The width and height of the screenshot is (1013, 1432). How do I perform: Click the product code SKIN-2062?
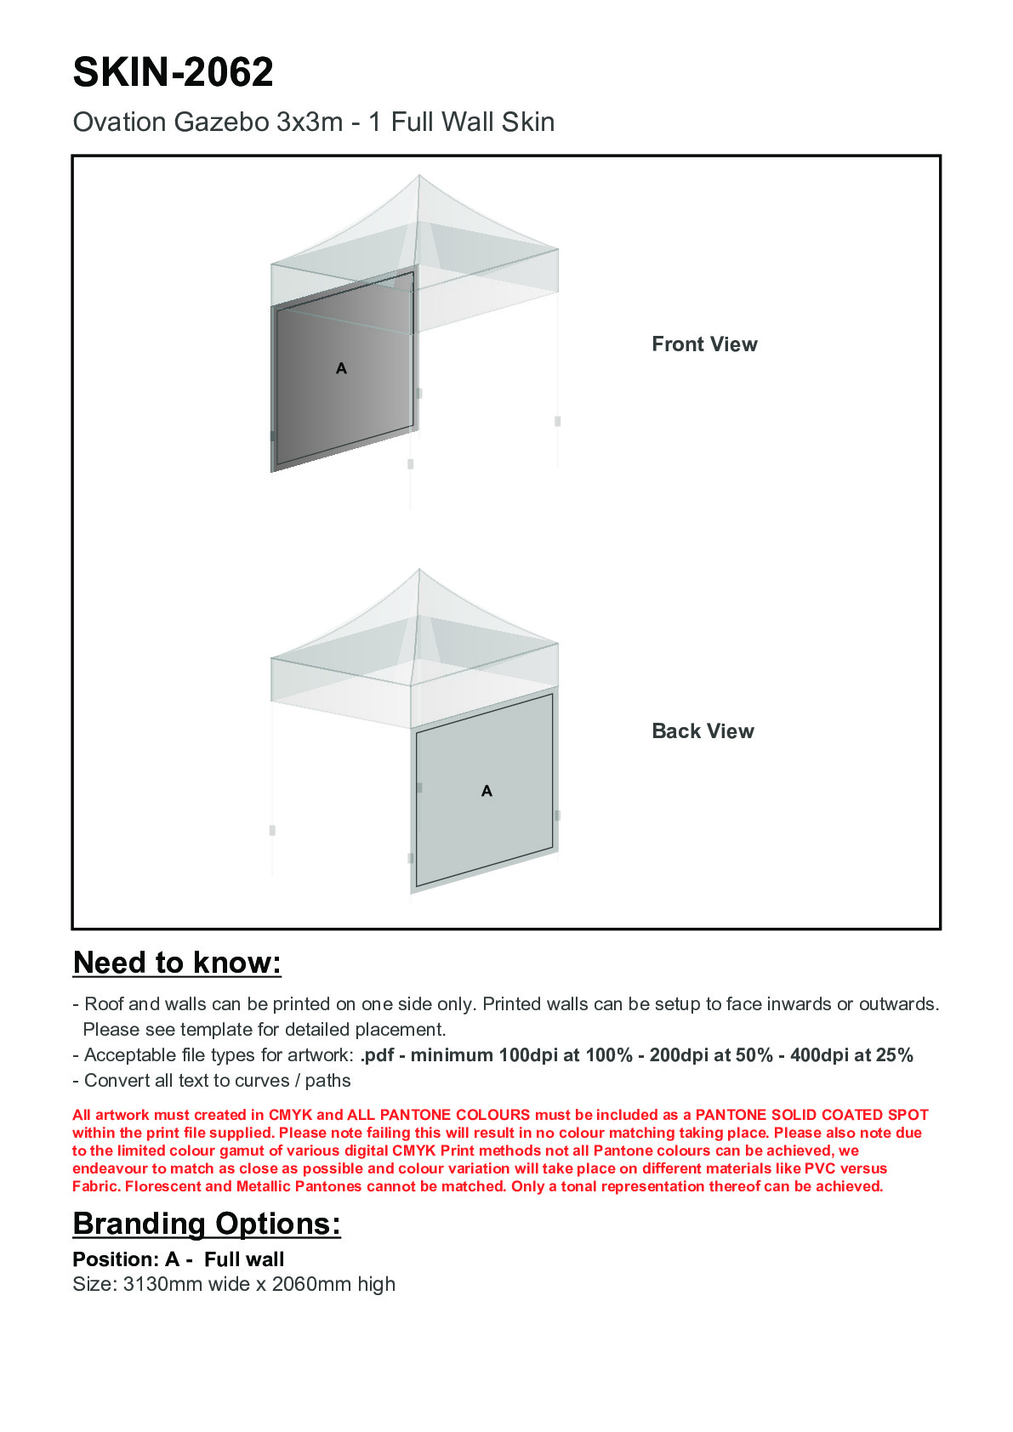pos(173,72)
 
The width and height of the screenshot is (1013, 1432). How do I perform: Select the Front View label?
pos(704,344)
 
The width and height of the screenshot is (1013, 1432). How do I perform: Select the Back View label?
pos(703,731)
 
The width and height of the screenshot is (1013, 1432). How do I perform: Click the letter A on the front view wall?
pos(341,368)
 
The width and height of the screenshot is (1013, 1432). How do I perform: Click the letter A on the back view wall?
pos(487,791)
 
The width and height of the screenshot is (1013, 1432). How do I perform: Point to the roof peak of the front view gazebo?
pos(419,177)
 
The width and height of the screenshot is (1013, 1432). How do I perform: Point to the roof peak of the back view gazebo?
pos(419,571)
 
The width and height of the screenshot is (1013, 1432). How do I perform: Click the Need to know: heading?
pos(177,963)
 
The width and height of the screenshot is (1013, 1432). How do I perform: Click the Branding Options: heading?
pos(207,1224)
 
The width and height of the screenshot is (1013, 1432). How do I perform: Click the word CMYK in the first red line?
pos(290,1115)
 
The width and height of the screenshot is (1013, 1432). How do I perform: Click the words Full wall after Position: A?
pos(244,1259)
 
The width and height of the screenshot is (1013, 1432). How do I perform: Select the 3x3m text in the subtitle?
pos(310,122)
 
